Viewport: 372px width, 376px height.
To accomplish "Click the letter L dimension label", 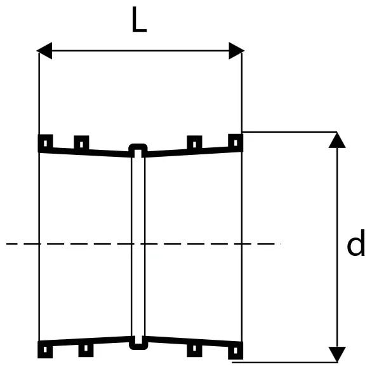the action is point(139,20).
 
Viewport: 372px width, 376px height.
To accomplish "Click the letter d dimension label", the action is point(356,243).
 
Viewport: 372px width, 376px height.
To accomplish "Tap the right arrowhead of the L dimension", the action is point(237,51).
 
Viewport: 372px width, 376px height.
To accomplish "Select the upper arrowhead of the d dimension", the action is point(337,140).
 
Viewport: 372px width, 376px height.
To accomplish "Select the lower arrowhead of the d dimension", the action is point(337,354).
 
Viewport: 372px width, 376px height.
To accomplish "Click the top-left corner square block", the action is point(46,143).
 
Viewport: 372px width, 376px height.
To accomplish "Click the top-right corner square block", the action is point(236,142).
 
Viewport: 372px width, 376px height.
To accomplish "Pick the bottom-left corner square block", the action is point(45,349).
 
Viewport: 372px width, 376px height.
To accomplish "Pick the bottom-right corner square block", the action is point(236,351).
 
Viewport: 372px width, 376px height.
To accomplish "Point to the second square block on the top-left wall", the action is point(81,144).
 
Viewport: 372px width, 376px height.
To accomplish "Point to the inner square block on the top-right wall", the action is point(194,144).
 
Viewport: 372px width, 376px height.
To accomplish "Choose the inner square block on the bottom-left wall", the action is point(86,349).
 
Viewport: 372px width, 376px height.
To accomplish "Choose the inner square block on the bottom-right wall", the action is point(194,349).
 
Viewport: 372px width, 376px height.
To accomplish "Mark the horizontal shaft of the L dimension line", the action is point(140,51).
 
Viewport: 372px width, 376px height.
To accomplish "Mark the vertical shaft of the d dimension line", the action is point(337,247).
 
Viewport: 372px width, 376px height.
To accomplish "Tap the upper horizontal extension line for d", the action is point(289,132).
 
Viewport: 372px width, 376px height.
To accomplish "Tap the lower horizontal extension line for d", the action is point(285,362).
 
